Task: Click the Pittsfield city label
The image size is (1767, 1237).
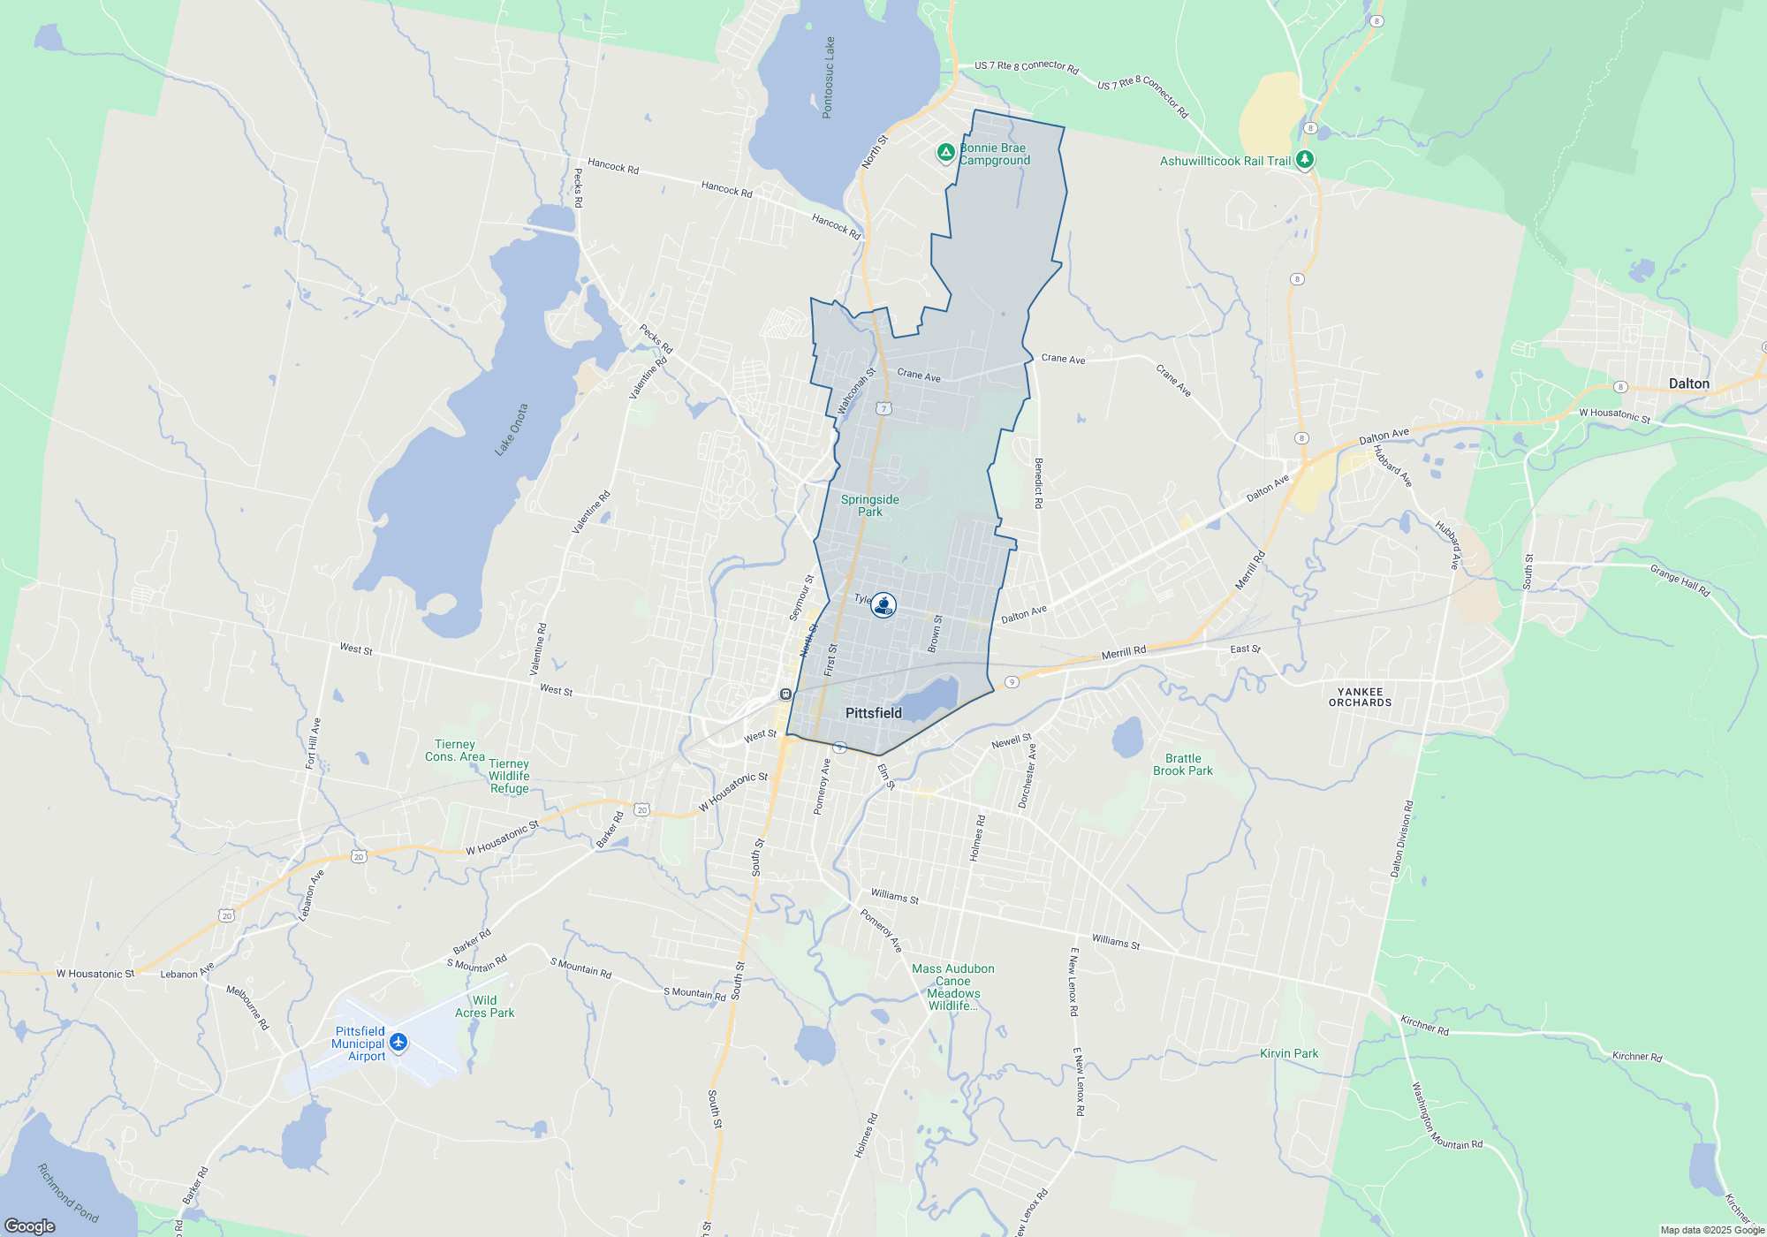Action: pyautogui.click(x=873, y=713)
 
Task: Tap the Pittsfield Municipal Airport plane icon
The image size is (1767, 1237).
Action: pyautogui.click(x=398, y=1043)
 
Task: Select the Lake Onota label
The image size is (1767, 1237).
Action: pyautogui.click(x=512, y=430)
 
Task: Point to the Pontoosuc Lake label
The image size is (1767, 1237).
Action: pyautogui.click(x=828, y=78)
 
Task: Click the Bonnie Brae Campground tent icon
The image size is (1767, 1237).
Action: pyautogui.click(x=945, y=152)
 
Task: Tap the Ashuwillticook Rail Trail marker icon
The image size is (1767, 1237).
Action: pyautogui.click(x=1305, y=160)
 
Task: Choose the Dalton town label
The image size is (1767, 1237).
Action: pyautogui.click(x=1688, y=383)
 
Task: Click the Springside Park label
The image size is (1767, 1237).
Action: pyautogui.click(x=869, y=505)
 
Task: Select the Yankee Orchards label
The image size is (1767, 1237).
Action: pyautogui.click(x=1360, y=697)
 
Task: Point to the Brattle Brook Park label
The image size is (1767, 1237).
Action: pyautogui.click(x=1182, y=764)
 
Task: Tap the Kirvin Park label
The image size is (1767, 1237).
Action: pyautogui.click(x=1288, y=1053)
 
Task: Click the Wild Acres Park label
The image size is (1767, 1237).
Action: pyautogui.click(x=484, y=1006)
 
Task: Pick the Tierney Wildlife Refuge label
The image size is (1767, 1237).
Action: pyautogui.click(x=509, y=776)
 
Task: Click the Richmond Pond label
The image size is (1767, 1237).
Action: pyautogui.click(x=68, y=1193)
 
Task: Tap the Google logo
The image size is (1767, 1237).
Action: pyautogui.click(x=29, y=1226)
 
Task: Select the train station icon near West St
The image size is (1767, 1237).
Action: pyautogui.click(x=785, y=694)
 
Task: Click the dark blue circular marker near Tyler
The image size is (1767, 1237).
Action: pyautogui.click(x=883, y=605)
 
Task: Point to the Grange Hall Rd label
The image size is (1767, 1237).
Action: pyautogui.click(x=1680, y=581)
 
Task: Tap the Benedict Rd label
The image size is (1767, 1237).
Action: pyautogui.click(x=1038, y=483)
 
